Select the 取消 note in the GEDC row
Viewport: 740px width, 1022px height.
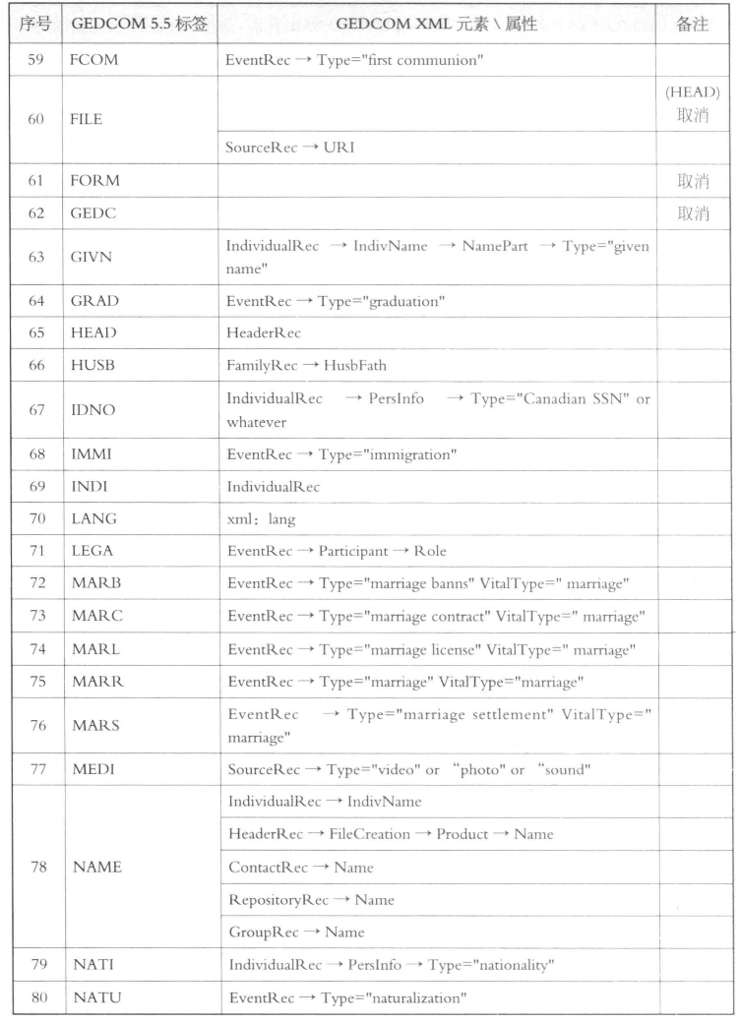pos(694,214)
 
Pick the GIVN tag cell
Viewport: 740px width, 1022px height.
pos(92,258)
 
